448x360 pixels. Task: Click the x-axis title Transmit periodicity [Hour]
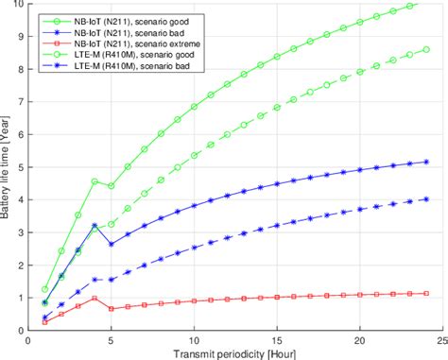(235, 353)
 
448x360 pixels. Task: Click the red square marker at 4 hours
(95, 298)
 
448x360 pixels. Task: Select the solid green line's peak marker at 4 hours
(95, 181)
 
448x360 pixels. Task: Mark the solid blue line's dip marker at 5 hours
(111, 244)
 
